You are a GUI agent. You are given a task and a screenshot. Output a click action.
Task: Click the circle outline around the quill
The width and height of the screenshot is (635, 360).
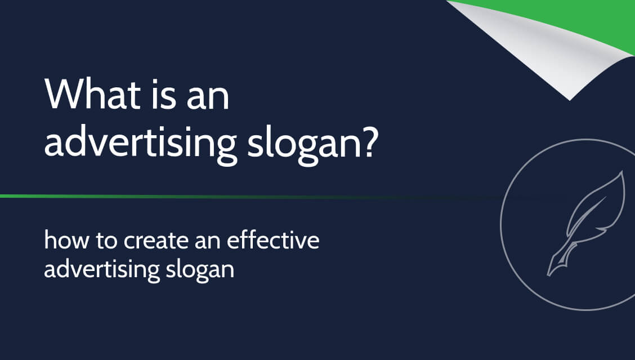coord(503,225)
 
